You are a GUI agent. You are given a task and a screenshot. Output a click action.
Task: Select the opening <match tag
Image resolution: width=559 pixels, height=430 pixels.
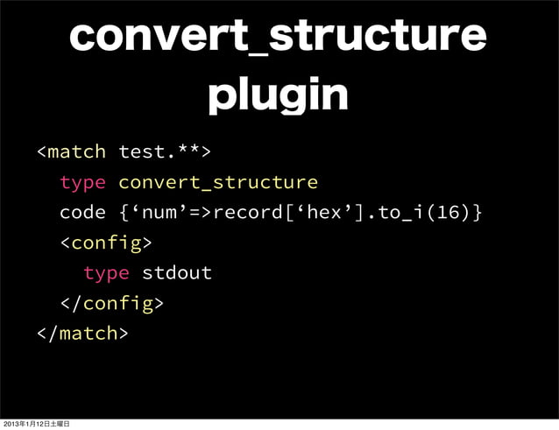71,152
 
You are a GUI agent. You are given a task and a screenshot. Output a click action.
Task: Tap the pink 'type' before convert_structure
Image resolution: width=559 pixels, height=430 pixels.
82,182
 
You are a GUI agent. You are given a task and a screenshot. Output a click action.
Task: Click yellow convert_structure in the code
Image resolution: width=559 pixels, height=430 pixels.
217,182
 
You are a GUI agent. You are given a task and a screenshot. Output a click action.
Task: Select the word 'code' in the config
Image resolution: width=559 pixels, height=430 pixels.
82,213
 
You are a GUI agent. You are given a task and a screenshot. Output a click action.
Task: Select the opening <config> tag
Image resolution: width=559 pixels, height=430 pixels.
106,243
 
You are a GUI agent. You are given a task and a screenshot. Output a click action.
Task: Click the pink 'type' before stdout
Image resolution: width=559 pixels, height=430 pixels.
106,272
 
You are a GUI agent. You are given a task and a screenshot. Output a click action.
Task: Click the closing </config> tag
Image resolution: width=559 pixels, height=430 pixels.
111,303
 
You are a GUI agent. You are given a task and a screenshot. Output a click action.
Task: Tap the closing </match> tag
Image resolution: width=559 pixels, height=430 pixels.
82,333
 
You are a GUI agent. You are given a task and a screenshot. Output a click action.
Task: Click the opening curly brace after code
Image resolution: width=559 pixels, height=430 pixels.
123,213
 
